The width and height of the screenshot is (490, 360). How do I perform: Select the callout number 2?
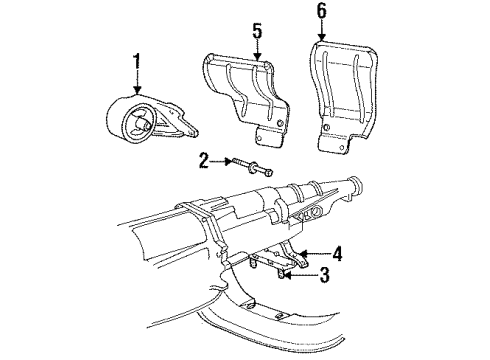pyautogui.click(x=204, y=159)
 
